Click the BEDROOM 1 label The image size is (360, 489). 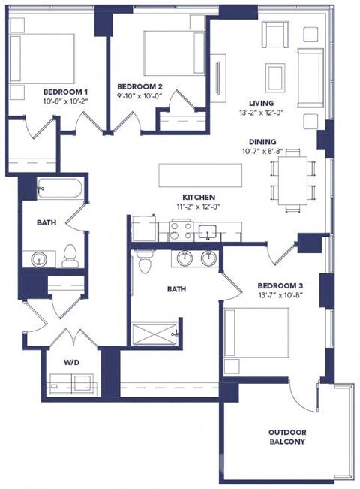65,92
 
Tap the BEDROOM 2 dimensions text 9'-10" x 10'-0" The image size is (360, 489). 140,95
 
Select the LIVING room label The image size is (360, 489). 261,103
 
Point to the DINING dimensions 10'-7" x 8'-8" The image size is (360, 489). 262,152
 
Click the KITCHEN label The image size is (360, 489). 199,198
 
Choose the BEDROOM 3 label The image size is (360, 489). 280,285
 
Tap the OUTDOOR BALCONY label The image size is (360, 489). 287,437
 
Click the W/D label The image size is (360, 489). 72,362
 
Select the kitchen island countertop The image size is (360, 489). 200,175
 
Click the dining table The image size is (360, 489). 292,181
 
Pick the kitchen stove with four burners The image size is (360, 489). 181,231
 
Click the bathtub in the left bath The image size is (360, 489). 59,189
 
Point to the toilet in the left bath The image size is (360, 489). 70,255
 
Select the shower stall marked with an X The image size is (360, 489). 154,334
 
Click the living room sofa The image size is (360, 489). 310,77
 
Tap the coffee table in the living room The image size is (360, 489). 275,77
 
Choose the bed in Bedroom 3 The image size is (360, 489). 256,333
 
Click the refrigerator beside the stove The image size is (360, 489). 143,228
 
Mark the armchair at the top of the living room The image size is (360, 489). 275,35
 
